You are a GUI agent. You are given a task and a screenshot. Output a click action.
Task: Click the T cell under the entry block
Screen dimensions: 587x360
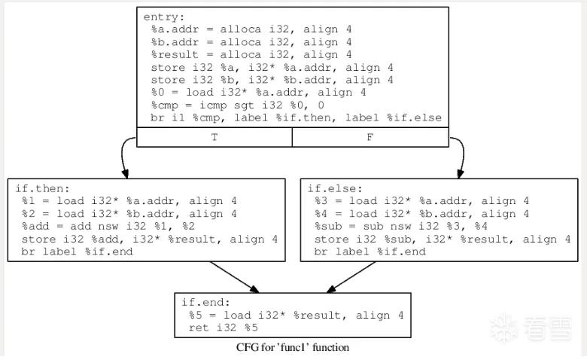point(214,137)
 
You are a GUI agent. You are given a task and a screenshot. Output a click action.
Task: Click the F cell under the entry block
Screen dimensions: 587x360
point(370,137)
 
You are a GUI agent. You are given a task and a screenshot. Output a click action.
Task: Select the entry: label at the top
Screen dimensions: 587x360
point(164,17)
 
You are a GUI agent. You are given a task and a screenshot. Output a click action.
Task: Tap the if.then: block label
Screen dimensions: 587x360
point(42,188)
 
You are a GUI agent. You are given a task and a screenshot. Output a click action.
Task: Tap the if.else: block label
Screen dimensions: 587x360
point(335,188)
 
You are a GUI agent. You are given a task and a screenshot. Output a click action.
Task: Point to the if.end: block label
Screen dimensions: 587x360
point(206,302)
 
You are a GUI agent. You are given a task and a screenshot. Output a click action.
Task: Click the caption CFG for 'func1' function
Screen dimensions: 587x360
point(293,347)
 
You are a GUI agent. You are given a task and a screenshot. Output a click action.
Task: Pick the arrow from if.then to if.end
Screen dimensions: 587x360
point(234,277)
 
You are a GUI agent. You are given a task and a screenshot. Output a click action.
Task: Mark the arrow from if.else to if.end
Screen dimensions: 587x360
point(351,277)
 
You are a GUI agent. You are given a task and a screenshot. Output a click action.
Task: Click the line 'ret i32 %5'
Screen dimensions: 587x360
point(224,328)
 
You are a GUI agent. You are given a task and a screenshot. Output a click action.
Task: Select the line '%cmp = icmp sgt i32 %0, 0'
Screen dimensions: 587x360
point(238,105)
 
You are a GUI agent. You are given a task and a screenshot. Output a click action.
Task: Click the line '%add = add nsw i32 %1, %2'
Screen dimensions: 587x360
point(108,226)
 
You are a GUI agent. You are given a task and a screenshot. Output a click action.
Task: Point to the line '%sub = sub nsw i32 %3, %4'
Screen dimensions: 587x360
point(401,226)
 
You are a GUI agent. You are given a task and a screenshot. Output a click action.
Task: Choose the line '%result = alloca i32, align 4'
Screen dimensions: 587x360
point(251,55)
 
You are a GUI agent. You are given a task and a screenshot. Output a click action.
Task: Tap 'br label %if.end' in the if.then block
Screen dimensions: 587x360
point(77,252)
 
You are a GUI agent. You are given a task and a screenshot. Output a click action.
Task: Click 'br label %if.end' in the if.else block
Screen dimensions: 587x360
point(370,252)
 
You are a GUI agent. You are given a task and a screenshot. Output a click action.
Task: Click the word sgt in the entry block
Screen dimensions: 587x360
point(245,105)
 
